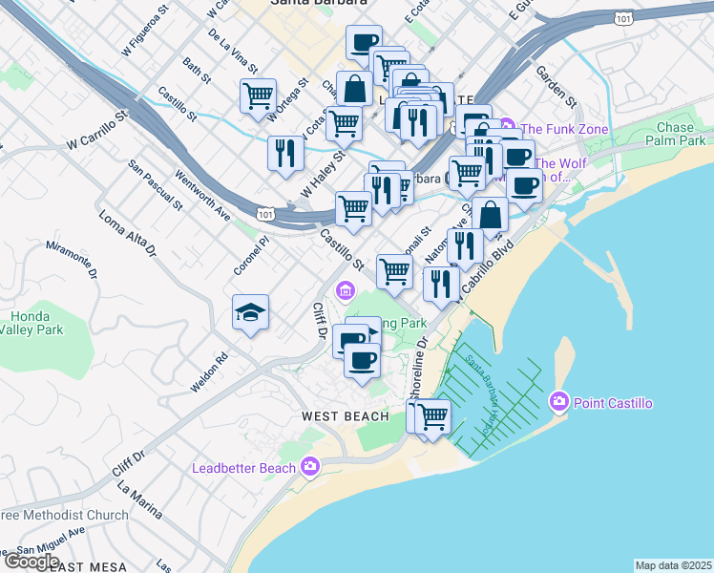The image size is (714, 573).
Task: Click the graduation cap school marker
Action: [x=250, y=313]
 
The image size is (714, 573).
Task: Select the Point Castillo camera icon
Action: [x=559, y=402]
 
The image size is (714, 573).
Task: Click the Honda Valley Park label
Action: [x=35, y=323]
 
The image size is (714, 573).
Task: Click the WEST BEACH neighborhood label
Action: [x=346, y=415]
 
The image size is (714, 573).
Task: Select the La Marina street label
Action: [x=136, y=500]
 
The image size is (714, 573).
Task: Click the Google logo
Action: [x=31, y=562]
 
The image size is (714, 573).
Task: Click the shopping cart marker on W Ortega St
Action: [x=258, y=96]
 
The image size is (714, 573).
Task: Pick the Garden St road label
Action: [x=556, y=87]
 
